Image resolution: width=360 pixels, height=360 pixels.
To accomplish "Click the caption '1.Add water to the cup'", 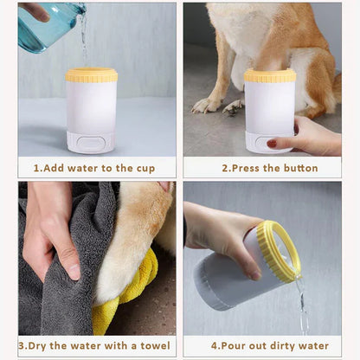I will click(93, 168).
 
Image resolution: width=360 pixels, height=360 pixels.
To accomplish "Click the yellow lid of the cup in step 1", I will click(92, 75).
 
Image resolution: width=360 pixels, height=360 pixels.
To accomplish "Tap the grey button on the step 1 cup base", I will click(92, 144).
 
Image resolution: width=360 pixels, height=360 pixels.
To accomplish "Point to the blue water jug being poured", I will click(48, 26).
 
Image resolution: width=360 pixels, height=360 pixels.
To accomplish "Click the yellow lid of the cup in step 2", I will click(269, 76).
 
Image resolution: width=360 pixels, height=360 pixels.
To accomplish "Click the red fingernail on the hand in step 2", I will click(272, 143).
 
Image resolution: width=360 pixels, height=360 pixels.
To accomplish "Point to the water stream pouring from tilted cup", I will click(302, 307).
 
